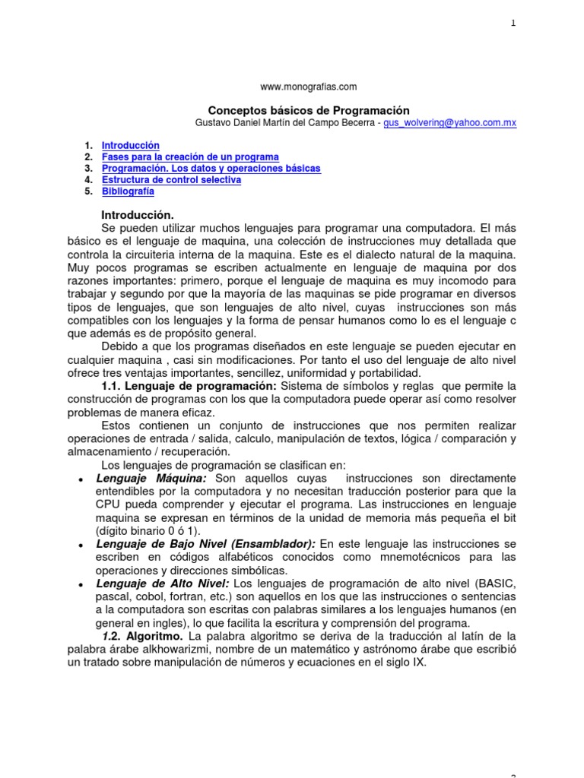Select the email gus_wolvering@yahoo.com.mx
point(450,123)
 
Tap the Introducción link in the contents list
point(131,145)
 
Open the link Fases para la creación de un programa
point(190,157)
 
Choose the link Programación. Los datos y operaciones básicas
point(211,168)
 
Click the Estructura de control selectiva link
point(171,180)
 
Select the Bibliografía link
point(128,191)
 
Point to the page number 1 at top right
point(513,24)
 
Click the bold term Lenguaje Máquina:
point(154,478)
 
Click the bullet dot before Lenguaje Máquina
point(81,479)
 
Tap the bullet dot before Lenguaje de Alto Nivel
point(81,584)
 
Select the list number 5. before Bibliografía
point(88,191)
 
